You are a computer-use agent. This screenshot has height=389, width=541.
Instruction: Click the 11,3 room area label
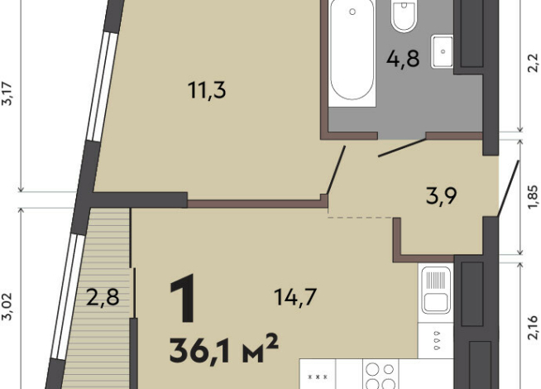coord(207,89)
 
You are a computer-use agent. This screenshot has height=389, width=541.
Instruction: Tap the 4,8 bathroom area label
coord(403,59)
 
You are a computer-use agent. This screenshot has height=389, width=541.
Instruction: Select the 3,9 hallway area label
coord(442,195)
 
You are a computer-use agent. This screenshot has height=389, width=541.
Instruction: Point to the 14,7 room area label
coord(295,297)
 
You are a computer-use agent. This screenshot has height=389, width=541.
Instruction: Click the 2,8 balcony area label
coord(103,297)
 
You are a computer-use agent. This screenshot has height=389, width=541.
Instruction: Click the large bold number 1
coord(183,298)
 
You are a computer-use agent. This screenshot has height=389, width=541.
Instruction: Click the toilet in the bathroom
coord(404,16)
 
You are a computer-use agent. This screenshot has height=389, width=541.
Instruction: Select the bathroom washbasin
coord(442,51)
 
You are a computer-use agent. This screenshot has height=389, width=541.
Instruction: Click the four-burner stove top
coord(381,375)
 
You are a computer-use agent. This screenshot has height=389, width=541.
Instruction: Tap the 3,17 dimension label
coord(7,94)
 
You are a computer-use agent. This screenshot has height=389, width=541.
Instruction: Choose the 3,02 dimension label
coord(7,306)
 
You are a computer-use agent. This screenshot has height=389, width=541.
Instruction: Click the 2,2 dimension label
coord(533,62)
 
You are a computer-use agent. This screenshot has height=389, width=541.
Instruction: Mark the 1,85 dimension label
coord(533,197)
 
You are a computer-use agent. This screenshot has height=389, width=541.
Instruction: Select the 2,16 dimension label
coord(533,327)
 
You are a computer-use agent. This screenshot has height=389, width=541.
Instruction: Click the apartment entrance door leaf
coord(508,189)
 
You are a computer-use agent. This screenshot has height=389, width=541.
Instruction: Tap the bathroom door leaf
coord(402,147)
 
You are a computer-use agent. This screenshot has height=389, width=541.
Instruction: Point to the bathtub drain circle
coord(352,12)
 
